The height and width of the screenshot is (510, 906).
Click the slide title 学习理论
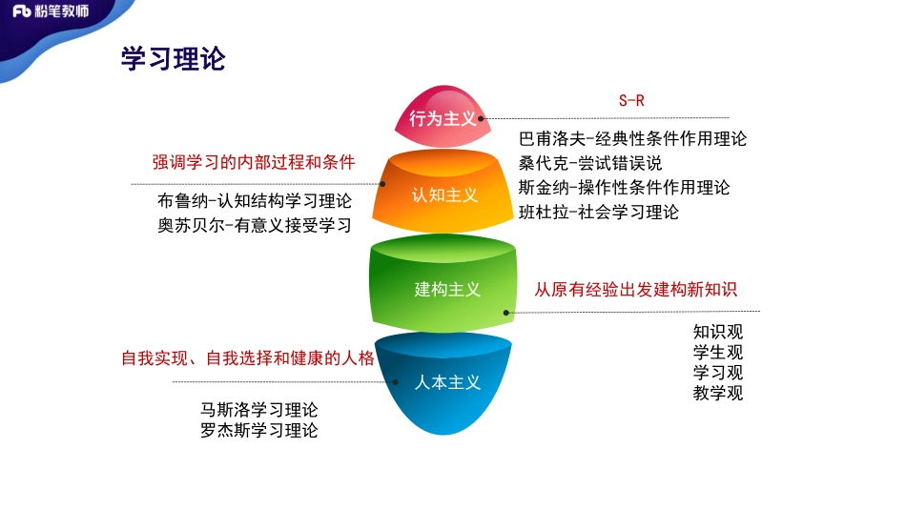pos(173,58)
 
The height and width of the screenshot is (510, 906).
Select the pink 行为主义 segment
pos(443,117)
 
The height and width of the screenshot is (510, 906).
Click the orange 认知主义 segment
pos(444,195)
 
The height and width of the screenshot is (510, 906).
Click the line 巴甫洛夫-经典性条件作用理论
pos(632,138)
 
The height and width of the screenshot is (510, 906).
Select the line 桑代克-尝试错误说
pos(589,163)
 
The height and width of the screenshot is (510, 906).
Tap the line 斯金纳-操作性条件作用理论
pos(624,188)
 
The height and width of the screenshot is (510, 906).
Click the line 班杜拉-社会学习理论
pos(598,213)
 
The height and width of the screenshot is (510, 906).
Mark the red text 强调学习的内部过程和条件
pos(254,162)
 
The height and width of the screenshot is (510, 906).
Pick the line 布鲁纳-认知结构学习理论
pos(255,201)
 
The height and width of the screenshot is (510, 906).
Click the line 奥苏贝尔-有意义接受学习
pos(255,226)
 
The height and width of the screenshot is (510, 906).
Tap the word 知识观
pos(717,332)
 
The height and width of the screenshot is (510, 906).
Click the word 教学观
pos(717,393)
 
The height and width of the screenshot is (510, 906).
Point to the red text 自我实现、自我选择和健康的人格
pos(248,358)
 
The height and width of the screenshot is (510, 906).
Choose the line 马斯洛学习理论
pos(258,409)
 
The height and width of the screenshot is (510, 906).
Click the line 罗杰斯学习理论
pos(258,430)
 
